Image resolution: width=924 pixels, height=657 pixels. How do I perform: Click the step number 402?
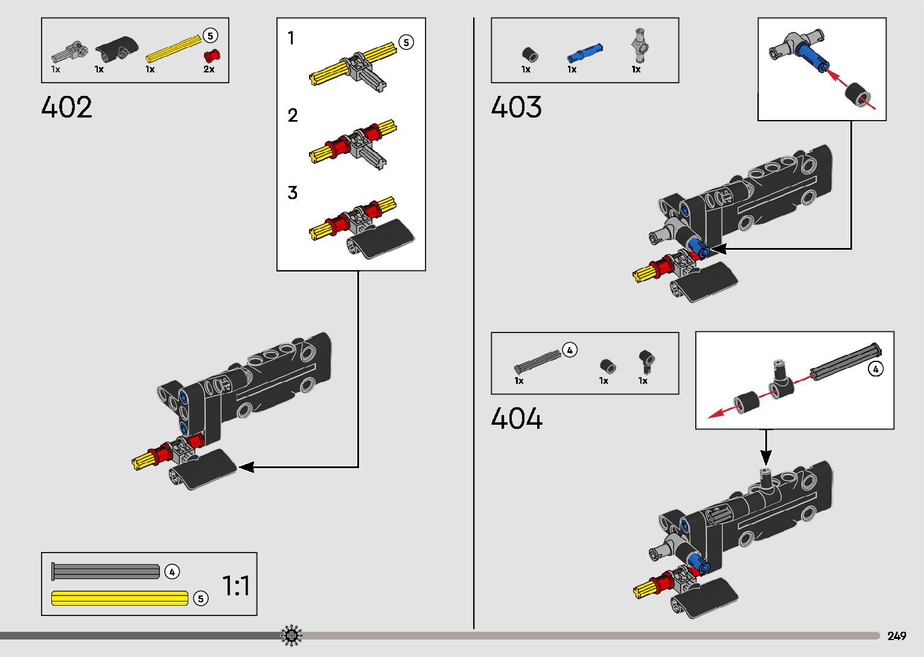point(67,107)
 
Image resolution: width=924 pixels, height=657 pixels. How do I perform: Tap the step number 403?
point(517,107)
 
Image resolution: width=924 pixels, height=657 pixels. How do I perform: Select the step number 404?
point(517,419)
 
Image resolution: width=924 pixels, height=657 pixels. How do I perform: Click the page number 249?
point(897,636)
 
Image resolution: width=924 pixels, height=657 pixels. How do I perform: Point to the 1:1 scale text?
point(236,586)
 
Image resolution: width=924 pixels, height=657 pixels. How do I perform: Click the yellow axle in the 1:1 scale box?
point(119,598)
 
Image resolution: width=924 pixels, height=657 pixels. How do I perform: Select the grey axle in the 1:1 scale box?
point(106,571)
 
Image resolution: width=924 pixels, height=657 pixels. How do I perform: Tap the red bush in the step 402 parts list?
point(212,56)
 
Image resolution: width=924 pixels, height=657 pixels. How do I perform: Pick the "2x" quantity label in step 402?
point(209,69)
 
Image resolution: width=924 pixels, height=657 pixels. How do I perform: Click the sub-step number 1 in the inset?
point(291,39)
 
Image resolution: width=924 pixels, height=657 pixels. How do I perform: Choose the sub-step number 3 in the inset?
point(292,193)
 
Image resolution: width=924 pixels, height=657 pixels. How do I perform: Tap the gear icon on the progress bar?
point(292,635)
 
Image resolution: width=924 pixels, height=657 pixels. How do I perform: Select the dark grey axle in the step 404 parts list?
point(537,361)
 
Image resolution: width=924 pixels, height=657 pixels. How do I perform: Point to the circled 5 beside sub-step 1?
point(406,42)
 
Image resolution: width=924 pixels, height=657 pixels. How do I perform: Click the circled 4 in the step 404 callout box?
point(875,369)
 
